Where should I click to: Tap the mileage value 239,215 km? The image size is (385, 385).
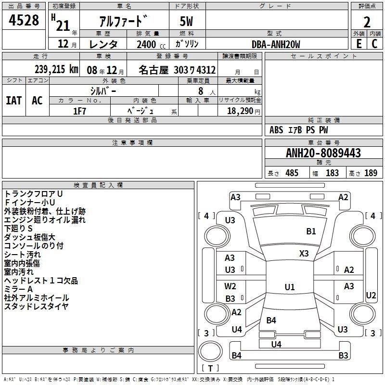click(x=56, y=69)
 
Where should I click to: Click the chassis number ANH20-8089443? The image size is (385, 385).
click(x=323, y=153)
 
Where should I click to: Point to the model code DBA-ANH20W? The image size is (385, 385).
click(x=276, y=44)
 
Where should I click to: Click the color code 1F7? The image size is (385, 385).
click(x=79, y=111)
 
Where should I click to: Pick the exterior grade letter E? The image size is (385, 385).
click(x=359, y=44)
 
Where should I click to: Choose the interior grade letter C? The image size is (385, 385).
click(x=374, y=44)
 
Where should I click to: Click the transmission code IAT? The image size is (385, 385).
click(x=13, y=101)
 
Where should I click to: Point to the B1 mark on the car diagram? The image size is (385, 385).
click(x=311, y=231)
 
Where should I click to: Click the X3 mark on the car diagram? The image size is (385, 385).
click(x=304, y=253)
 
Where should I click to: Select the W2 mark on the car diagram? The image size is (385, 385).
click(x=231, y=286)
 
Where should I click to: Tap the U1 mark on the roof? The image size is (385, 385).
click(x=289, y=287)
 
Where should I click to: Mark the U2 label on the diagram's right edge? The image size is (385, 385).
click(x=371, y=295)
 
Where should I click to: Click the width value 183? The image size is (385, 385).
click(x=332, y=173)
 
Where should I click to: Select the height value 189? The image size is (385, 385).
click(x=371, y=173)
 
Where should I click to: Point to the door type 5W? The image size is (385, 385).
click(x=187, y=22)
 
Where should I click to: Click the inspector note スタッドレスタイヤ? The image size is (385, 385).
click(x=36, y=306)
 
